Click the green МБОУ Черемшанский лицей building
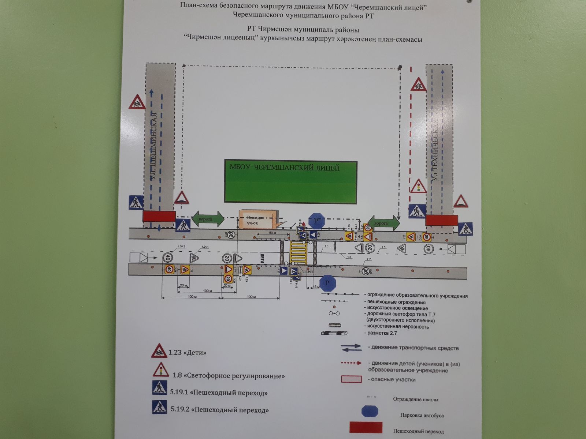click(290, 182)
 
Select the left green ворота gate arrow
click(208, 219)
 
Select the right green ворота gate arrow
click(383, 223)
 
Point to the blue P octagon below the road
click(327, 283)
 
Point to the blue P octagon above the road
click(316, 221)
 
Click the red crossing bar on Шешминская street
click(159, 216)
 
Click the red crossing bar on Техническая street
click(441, 220)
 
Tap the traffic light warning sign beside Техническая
click(418, 187)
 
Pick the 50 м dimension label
click(272, 233)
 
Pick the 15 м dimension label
click(316, 287)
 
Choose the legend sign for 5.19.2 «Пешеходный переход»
click(159, 408)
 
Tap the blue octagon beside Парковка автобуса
click(370, 411)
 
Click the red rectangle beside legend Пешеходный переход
click(366, 427)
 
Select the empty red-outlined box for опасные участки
click(351, 379)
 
